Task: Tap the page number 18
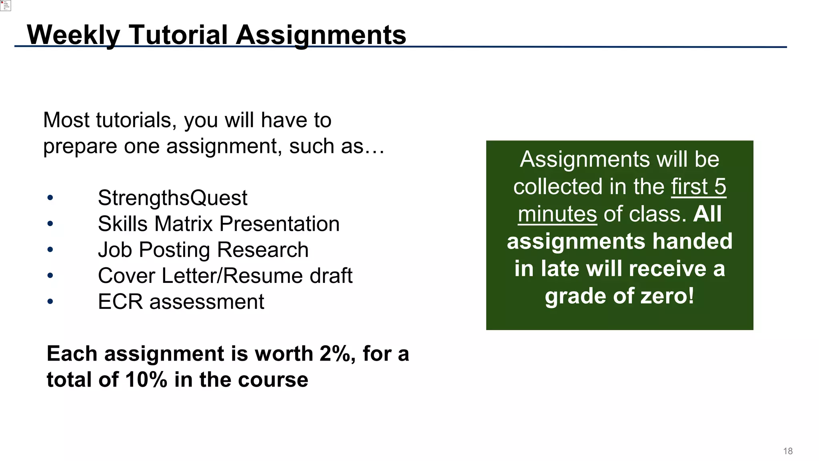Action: click(x=788, y=451)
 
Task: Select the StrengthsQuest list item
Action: click(x=172, y=198)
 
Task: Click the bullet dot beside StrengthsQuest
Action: click(x=50, y=198)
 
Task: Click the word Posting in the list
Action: click(x=174, y=250)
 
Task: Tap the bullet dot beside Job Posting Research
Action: click(x=50, y=250)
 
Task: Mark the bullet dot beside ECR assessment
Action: click(x=50, y=301)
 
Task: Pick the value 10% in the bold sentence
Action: click(x=146, y=380)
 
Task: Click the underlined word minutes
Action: click(x=557, y=214)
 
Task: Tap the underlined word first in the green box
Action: click(x=689, y=187)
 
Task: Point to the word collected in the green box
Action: click(x=557, y=187)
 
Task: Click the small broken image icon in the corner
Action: click(x=5, y=5)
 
